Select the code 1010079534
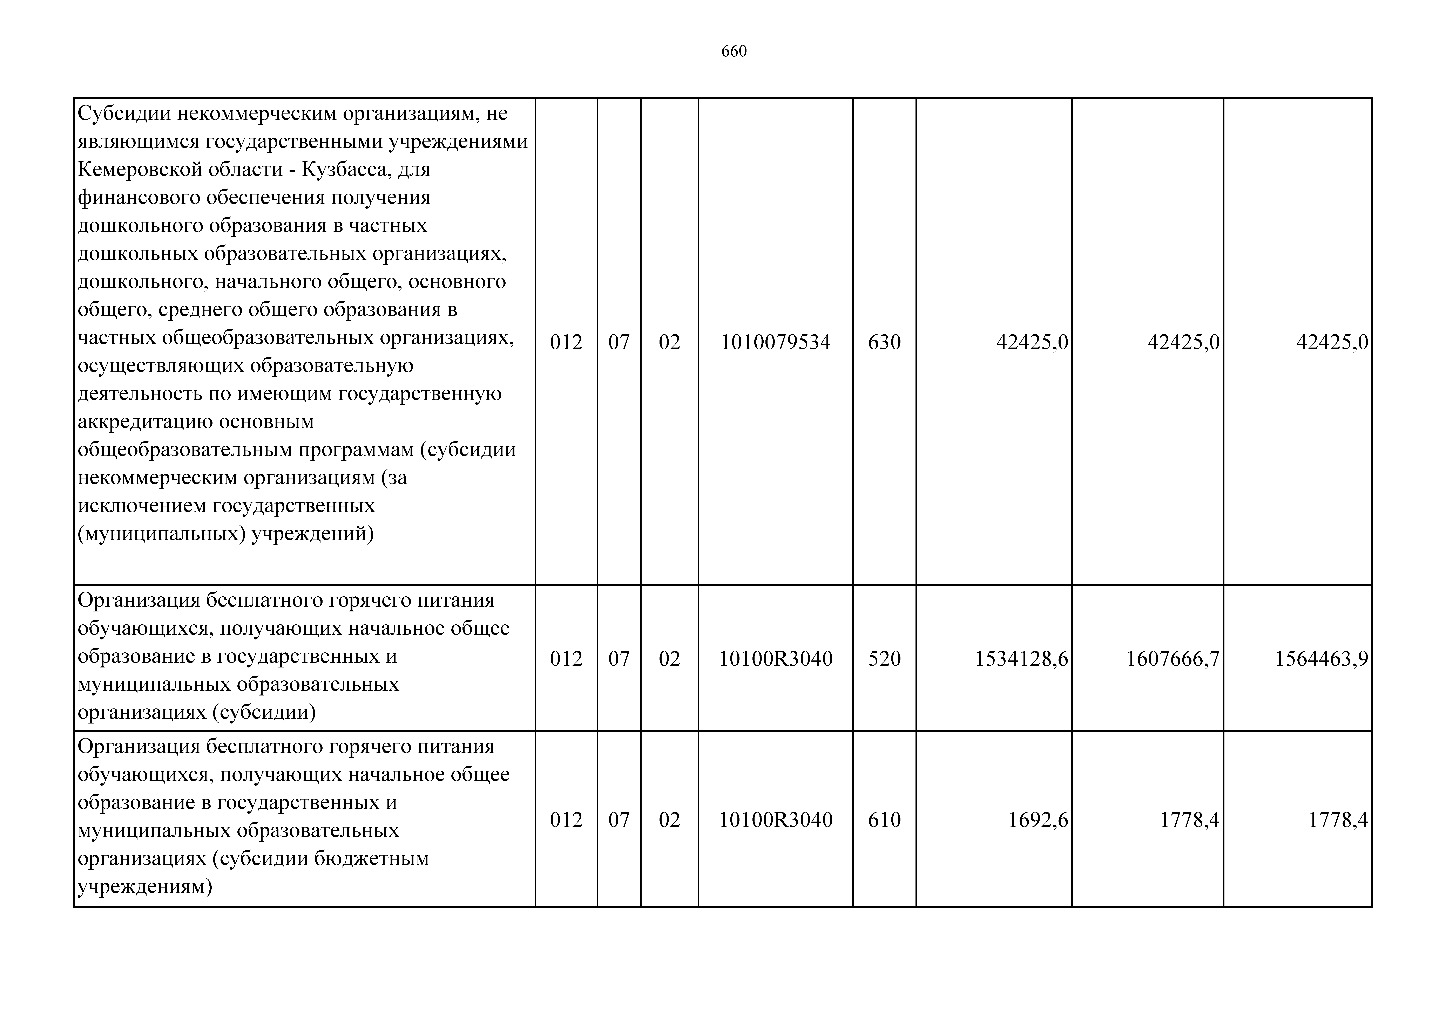click(775, 343)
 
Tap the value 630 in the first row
click(884, 343)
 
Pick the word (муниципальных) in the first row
click(161, 534)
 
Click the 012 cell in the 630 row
click(566, 343)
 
